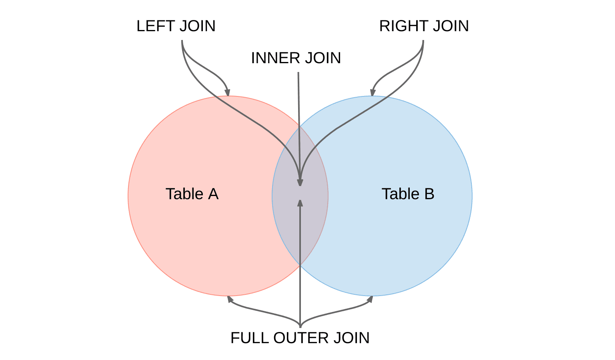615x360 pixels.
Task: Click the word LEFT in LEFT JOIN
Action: [x=156, y=26]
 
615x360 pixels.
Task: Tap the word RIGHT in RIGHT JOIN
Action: [x=403, y=26]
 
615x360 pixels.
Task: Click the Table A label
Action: [x=192, y=194]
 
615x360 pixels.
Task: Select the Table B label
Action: [x=408, y=194]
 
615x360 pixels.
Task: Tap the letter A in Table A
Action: [x=213, y=194]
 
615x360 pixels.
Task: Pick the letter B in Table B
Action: [x=429, y=194]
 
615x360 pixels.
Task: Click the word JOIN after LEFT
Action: [x=197, y=26]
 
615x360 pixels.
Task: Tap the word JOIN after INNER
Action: [x=323, y=58]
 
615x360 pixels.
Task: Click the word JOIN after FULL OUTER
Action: [x=351, y=338]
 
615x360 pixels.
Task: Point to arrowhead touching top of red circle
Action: [x=227, y=93]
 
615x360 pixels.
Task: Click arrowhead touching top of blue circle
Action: [x=373, y=93]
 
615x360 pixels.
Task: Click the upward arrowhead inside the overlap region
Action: [x=300, y=203]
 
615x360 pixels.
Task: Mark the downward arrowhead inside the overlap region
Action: [x=300, y=182]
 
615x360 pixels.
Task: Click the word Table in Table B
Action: [x=401, y=194]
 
